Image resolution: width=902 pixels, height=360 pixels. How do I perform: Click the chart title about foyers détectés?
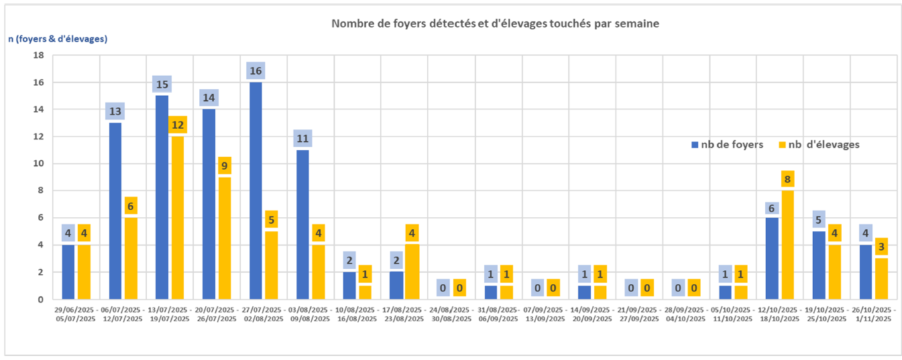click(x=496, y=23)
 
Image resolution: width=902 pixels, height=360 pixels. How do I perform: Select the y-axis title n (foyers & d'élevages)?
click(x=58, y=39)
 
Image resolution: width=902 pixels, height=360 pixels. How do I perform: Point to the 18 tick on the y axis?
click(x=39, y=55)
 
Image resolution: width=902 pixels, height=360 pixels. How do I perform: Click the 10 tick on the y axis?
click(x=39, y=164)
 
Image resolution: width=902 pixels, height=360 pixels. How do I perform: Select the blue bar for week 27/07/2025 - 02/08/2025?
click(x=256, y=190)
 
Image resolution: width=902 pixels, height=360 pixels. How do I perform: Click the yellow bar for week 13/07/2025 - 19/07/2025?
click(x=178, y=217)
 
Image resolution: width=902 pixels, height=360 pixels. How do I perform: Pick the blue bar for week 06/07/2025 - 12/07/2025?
click(x=115, y=211)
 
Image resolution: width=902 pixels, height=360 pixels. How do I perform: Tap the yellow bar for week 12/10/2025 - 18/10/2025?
click(x=787, y=245)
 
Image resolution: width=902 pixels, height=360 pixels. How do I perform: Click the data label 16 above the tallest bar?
click(x=256, y=71)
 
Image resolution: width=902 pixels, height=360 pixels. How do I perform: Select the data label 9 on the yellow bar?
click(x=225, y=166)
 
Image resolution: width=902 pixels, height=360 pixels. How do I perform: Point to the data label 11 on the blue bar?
click(x=302, y=139)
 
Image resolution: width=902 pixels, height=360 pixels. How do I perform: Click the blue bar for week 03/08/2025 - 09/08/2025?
click(x=302, y=224)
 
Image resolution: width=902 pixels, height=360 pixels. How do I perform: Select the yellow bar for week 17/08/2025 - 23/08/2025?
click(x=412, y=272)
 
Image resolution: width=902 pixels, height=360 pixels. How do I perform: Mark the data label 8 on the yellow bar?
click(x=787, y=180)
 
